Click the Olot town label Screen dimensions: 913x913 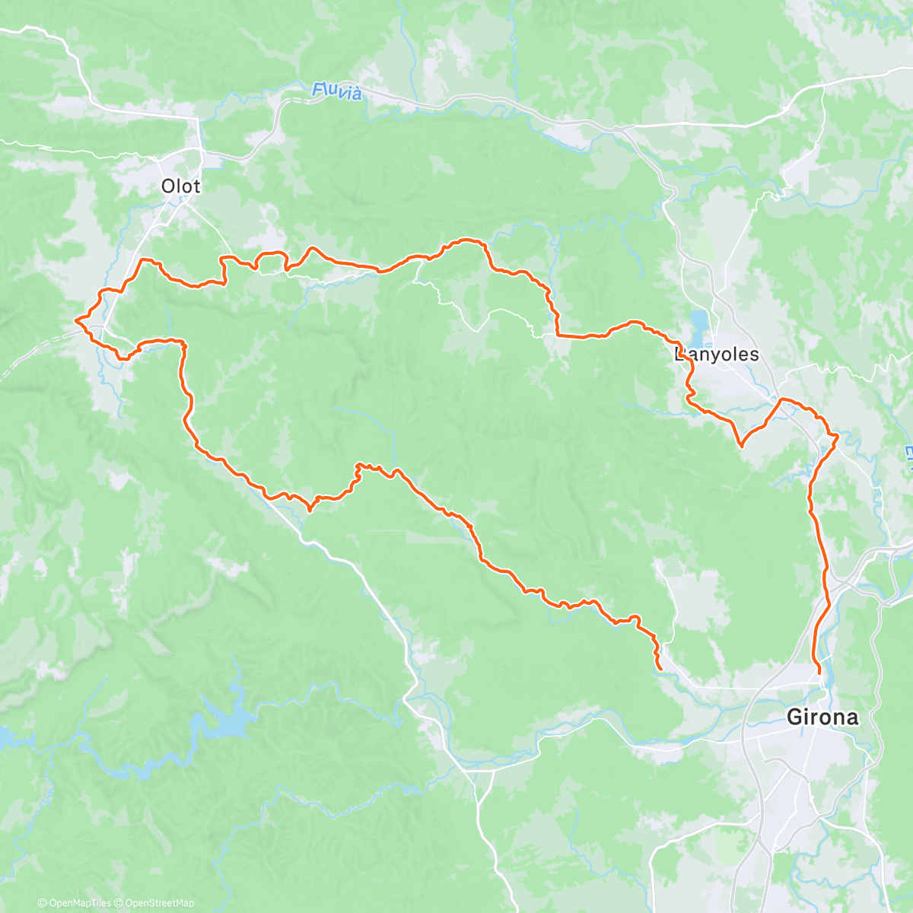180,186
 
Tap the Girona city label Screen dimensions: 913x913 822,717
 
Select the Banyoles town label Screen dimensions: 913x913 717,355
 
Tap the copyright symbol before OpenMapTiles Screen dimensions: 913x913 42,903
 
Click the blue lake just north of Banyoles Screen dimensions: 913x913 698,323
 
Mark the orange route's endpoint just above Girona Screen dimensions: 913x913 819,673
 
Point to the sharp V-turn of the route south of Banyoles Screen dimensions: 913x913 741,445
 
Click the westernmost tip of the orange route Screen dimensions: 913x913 75,322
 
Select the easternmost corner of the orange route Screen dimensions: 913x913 837,436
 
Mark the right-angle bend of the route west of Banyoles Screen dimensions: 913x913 558,333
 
